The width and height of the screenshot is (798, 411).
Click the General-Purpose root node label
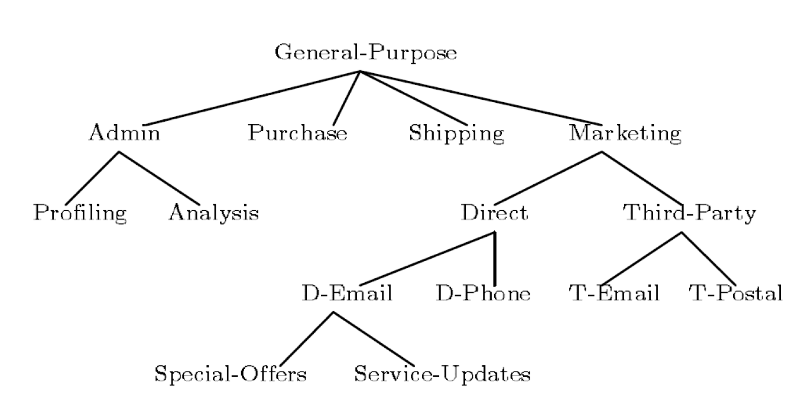pos(366,53)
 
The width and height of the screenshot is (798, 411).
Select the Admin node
pos(124,133)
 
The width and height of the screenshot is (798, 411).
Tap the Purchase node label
pos(297,133)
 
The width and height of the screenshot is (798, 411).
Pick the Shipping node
pos(457,133)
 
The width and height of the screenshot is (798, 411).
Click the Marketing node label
pos(625,133)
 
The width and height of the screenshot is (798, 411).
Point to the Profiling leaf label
pos(80,213)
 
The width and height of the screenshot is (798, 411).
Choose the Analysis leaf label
pos(213,213)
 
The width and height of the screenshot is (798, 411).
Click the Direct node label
pos(494,213)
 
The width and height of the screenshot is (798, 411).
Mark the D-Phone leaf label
pos(483,293)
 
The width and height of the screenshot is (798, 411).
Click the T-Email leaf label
pos(614,293)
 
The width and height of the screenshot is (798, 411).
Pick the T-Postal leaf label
pos(735,293)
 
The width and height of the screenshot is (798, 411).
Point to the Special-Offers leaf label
pos(231,374)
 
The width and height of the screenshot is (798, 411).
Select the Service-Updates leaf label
pos(442,374)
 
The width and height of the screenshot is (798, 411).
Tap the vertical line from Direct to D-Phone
pos(494,260)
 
